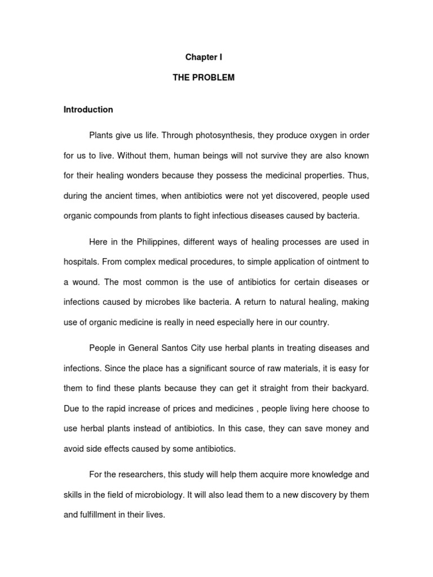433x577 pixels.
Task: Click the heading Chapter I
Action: [x=204, y=57]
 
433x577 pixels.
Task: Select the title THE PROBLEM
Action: [x=204, y=78]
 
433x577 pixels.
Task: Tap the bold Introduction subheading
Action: [x=89, y=109]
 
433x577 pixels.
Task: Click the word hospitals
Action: [x=81, y=262]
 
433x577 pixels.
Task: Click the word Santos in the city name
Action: [x=175, y=348]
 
